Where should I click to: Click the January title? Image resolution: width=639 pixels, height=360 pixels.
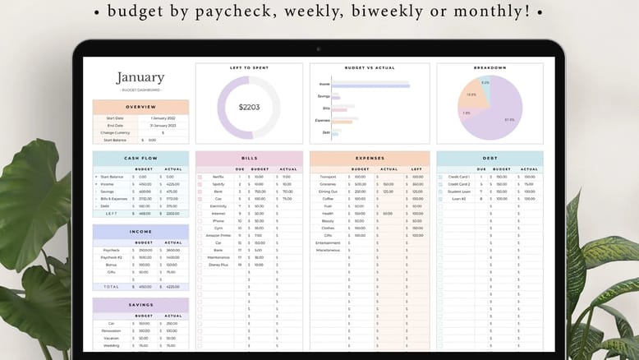coord(140,78)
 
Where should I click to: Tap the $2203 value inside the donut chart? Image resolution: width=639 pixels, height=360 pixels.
coord(249,107)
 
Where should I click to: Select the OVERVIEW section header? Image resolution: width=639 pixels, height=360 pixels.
coord(140,107)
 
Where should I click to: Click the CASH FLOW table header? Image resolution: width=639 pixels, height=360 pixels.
coord(140,159)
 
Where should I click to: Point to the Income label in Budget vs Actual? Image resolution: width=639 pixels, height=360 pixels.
coord(325,84)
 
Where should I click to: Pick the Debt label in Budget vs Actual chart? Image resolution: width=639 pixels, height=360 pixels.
coord(326,132)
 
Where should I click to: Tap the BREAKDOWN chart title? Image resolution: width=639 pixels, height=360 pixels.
coord(490,67)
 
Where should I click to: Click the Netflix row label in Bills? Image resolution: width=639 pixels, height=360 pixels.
coord(218,177)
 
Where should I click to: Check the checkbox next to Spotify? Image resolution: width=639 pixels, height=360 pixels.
coord(200,184)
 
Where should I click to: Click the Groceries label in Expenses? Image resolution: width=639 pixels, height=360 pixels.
coord(328,184)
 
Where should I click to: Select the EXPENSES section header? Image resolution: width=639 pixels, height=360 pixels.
coord(369,158)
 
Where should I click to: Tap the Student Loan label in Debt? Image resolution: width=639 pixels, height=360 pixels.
coord(458,192)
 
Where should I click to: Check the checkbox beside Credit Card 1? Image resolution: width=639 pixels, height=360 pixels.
coord(440,177)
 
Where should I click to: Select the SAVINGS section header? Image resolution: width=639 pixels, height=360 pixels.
coord(140,304)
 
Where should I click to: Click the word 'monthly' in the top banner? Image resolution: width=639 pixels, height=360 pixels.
coord(480,12)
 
